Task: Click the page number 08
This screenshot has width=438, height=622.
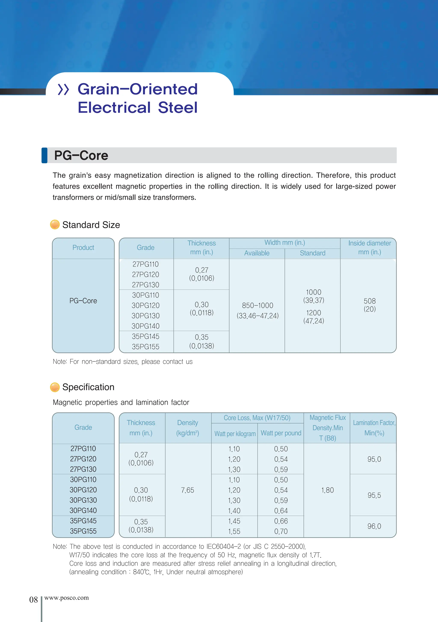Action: pos(33,600)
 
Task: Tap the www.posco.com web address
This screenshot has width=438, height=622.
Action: pos(66,598)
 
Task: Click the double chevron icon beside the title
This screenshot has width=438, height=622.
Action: pos(64,90)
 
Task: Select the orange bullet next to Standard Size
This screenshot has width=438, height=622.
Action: pos(55,225)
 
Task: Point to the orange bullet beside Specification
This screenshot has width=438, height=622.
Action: pos(55,387)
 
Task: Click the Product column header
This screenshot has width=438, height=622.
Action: pos(83,248)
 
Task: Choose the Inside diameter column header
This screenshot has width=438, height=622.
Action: pos(369,247)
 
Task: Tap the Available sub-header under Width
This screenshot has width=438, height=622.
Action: pos(257,253)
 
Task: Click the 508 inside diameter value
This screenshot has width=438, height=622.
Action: pos(369,301)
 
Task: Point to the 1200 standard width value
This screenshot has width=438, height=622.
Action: pos(314,313)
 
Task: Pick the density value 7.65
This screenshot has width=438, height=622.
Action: pos(188,490)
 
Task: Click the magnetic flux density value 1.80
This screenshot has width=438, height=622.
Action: pos(327,490)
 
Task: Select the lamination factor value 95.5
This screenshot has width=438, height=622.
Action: pos(374,495)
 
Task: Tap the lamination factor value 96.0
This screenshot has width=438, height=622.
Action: pos(374,526)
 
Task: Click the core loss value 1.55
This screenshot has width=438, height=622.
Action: pos(234,531)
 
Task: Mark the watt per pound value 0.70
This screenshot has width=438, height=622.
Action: pos(281,531)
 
